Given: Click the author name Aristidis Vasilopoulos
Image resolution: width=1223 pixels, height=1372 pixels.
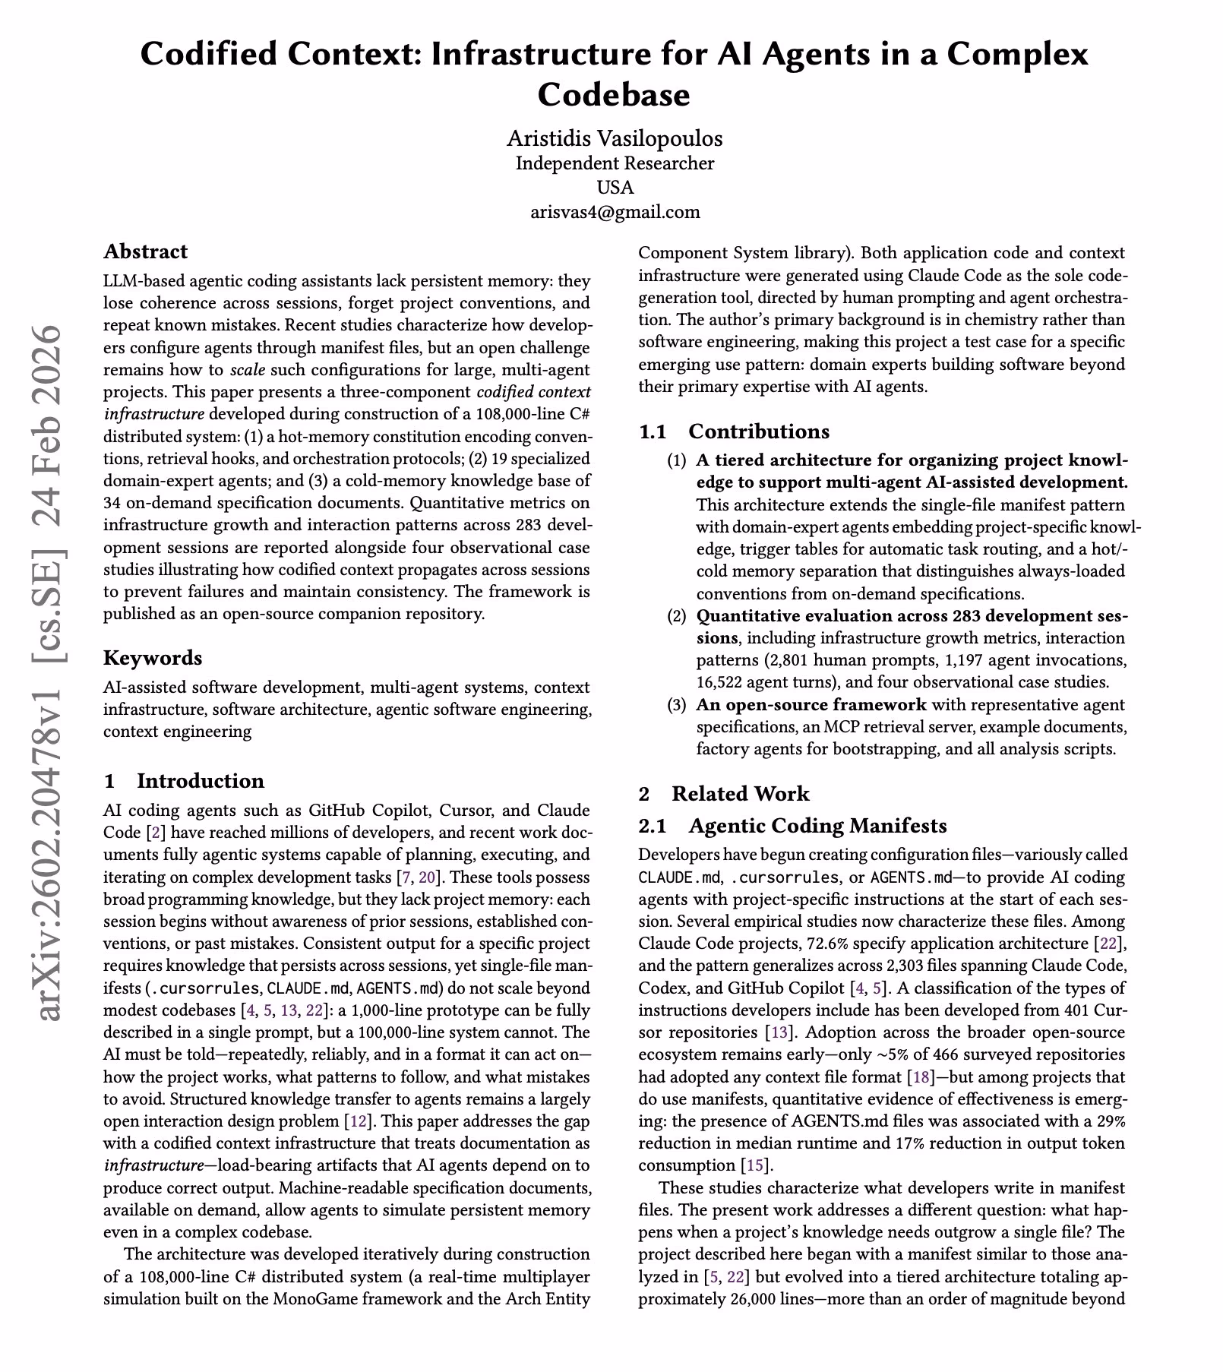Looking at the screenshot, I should click(615, 138).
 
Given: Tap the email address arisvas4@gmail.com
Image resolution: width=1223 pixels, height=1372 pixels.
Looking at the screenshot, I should click(615, 212).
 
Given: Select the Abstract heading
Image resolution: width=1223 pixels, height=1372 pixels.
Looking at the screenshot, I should click(145, 251).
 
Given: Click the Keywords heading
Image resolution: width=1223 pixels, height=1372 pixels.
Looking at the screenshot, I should click(153, 657).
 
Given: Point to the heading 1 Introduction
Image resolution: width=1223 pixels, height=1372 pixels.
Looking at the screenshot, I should click(184, 781).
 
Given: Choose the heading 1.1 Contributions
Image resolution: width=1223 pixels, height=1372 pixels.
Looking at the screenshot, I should click(734, 432).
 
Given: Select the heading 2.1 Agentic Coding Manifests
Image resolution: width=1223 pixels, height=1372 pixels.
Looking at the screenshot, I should click(792, 826).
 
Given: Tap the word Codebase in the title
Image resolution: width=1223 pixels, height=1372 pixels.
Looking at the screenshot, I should click(614, 95).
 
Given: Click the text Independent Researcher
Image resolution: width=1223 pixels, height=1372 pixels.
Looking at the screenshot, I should click(615, 163).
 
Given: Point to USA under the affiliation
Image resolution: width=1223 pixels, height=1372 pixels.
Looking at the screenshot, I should click(615, 188).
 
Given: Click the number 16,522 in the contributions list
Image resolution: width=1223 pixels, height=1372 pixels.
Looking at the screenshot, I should click(720, 682).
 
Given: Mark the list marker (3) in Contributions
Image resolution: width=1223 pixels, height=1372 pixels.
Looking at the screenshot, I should click(676, 705).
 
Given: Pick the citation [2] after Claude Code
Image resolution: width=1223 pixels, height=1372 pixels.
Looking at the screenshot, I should click(155, 833).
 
